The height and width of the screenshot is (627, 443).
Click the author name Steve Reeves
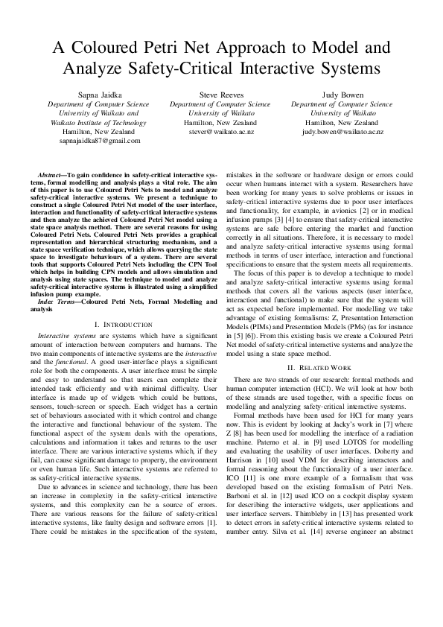point(220,95)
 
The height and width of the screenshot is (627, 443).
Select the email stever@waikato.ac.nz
point(220,131)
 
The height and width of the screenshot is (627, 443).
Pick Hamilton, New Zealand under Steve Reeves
point(220,122)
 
